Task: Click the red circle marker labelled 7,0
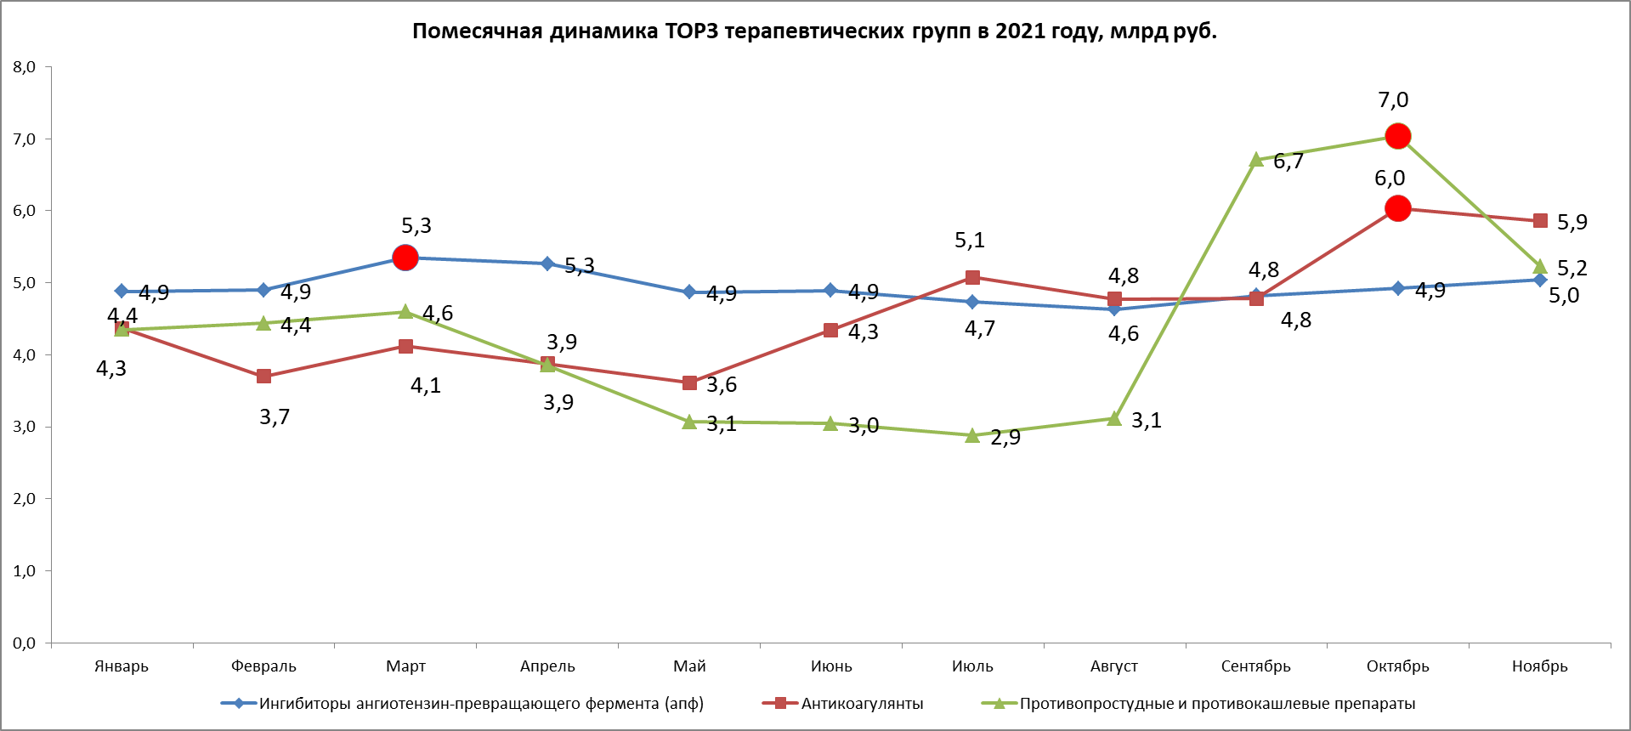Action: pyautogui.click(x=1397, y=136)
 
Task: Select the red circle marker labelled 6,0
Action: pyautogui.click(x=1397, y=208)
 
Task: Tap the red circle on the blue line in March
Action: pyautogui.click(x=405, y=258)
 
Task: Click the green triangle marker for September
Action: pyautogui.click(x=1256, y=160)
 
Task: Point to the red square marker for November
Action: pyautogui.click(x=1539, y=221)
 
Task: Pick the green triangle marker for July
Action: pyautogui.click(x=972, y=435)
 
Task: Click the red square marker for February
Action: pyautogui.click(x=263, y=376)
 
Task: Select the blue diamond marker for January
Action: pyautogui.click(x=122, y=291)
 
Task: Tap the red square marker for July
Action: pyautogui.click(x=972, y=278)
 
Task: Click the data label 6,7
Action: pyautogui.click(x=1288, y=161)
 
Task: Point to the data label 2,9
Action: pyautogui.click(x=1005, y=438)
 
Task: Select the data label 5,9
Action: pyautogui.click(x=1572, y=222)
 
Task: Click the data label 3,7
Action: pyautogui.click(x=275, y=416)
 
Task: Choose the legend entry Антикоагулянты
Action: pyautogui.click(x=861, y=704)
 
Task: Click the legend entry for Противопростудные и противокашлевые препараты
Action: pyautogui.click(x=1216, y=704)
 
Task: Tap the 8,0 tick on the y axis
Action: pyautogui.click(x=24, y=67)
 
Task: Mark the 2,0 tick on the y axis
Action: pyautogui.click(x=24, y=499)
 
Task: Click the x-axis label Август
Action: pyautogui.click(x=1113, y=666)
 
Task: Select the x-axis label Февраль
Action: pyautogui.click(x=263, y=666)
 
